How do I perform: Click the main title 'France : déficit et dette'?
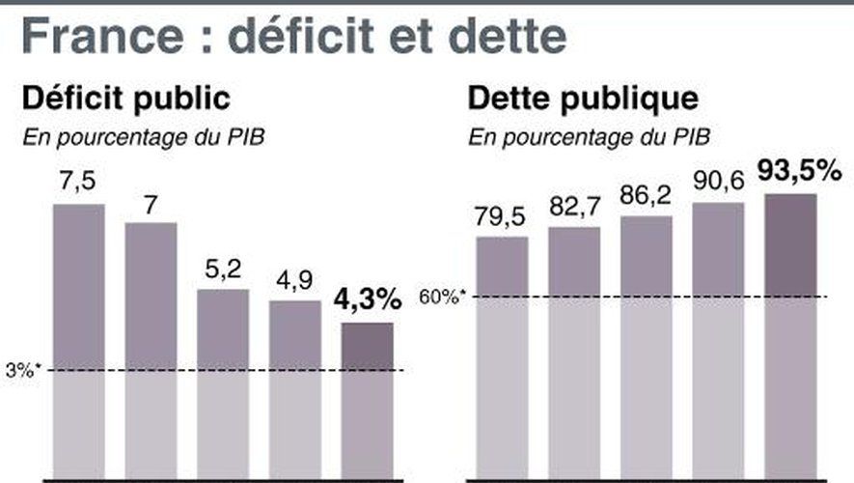[x=293, y=38]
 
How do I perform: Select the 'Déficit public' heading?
[x=125, y=99]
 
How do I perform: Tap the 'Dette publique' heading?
[x=583, y=99]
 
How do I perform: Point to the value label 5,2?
[x=222, y=270]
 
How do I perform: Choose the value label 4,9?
[x=294, y=281]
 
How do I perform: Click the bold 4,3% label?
[x=367, y=300]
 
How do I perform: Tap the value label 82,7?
[x=574, y=207]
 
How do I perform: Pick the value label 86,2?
[x=647, y=196]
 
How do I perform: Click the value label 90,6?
[x=718, y=183]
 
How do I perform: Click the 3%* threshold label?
[x=21, y=370]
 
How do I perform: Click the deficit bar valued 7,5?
[x=78, y=338]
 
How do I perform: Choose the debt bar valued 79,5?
[x=502, y=357]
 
